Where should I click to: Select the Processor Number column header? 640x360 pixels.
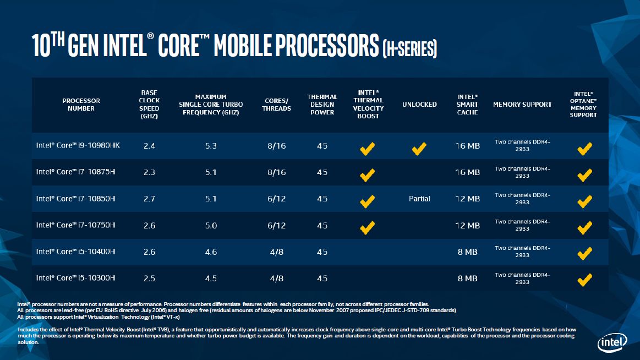[81, 105]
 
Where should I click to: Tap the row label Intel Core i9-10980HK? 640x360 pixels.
[78, 146]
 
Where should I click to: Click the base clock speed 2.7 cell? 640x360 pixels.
[149, 199]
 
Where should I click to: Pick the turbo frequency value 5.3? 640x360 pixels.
[211, 146]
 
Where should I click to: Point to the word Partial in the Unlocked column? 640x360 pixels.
[419, 199]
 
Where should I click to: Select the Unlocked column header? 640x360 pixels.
[419, 105]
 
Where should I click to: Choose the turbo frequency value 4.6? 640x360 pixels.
[211, 252]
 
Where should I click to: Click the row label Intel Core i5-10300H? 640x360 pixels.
[76, 278]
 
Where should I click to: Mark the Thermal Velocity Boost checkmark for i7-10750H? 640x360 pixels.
[368, 226]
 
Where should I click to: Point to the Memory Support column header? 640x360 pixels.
[522, 105]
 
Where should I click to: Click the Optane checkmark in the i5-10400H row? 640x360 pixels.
[584, 253]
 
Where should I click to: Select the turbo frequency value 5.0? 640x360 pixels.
[211, 225]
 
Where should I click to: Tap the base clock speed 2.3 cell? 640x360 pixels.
[149, 172]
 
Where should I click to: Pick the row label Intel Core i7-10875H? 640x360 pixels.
[76, 172]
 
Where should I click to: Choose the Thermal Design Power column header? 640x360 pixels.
[322, 105]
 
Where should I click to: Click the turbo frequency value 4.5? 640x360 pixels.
[211, 278]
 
